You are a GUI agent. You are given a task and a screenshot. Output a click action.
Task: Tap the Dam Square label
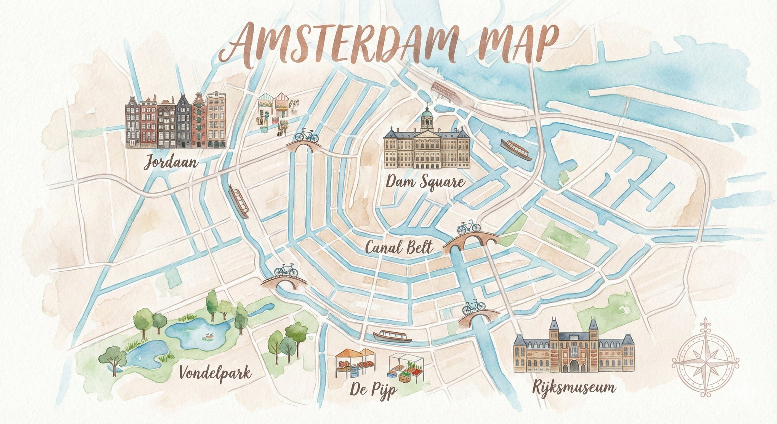(425, 182)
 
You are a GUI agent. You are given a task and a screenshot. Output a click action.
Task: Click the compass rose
(705, 362)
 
